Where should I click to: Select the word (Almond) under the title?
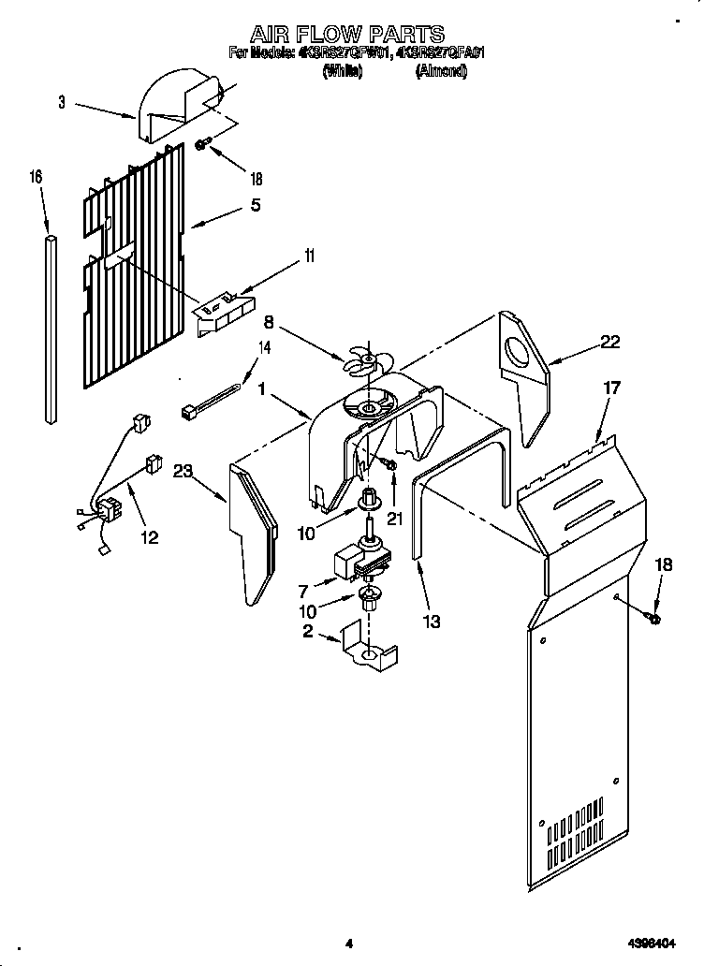pos(441,70)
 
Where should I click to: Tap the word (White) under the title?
pos(342,70)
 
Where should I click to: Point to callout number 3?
pos(61,103)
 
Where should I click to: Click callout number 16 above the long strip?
pos(37,176)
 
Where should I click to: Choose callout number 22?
pos(609,343)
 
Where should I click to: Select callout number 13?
pos(431,621)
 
